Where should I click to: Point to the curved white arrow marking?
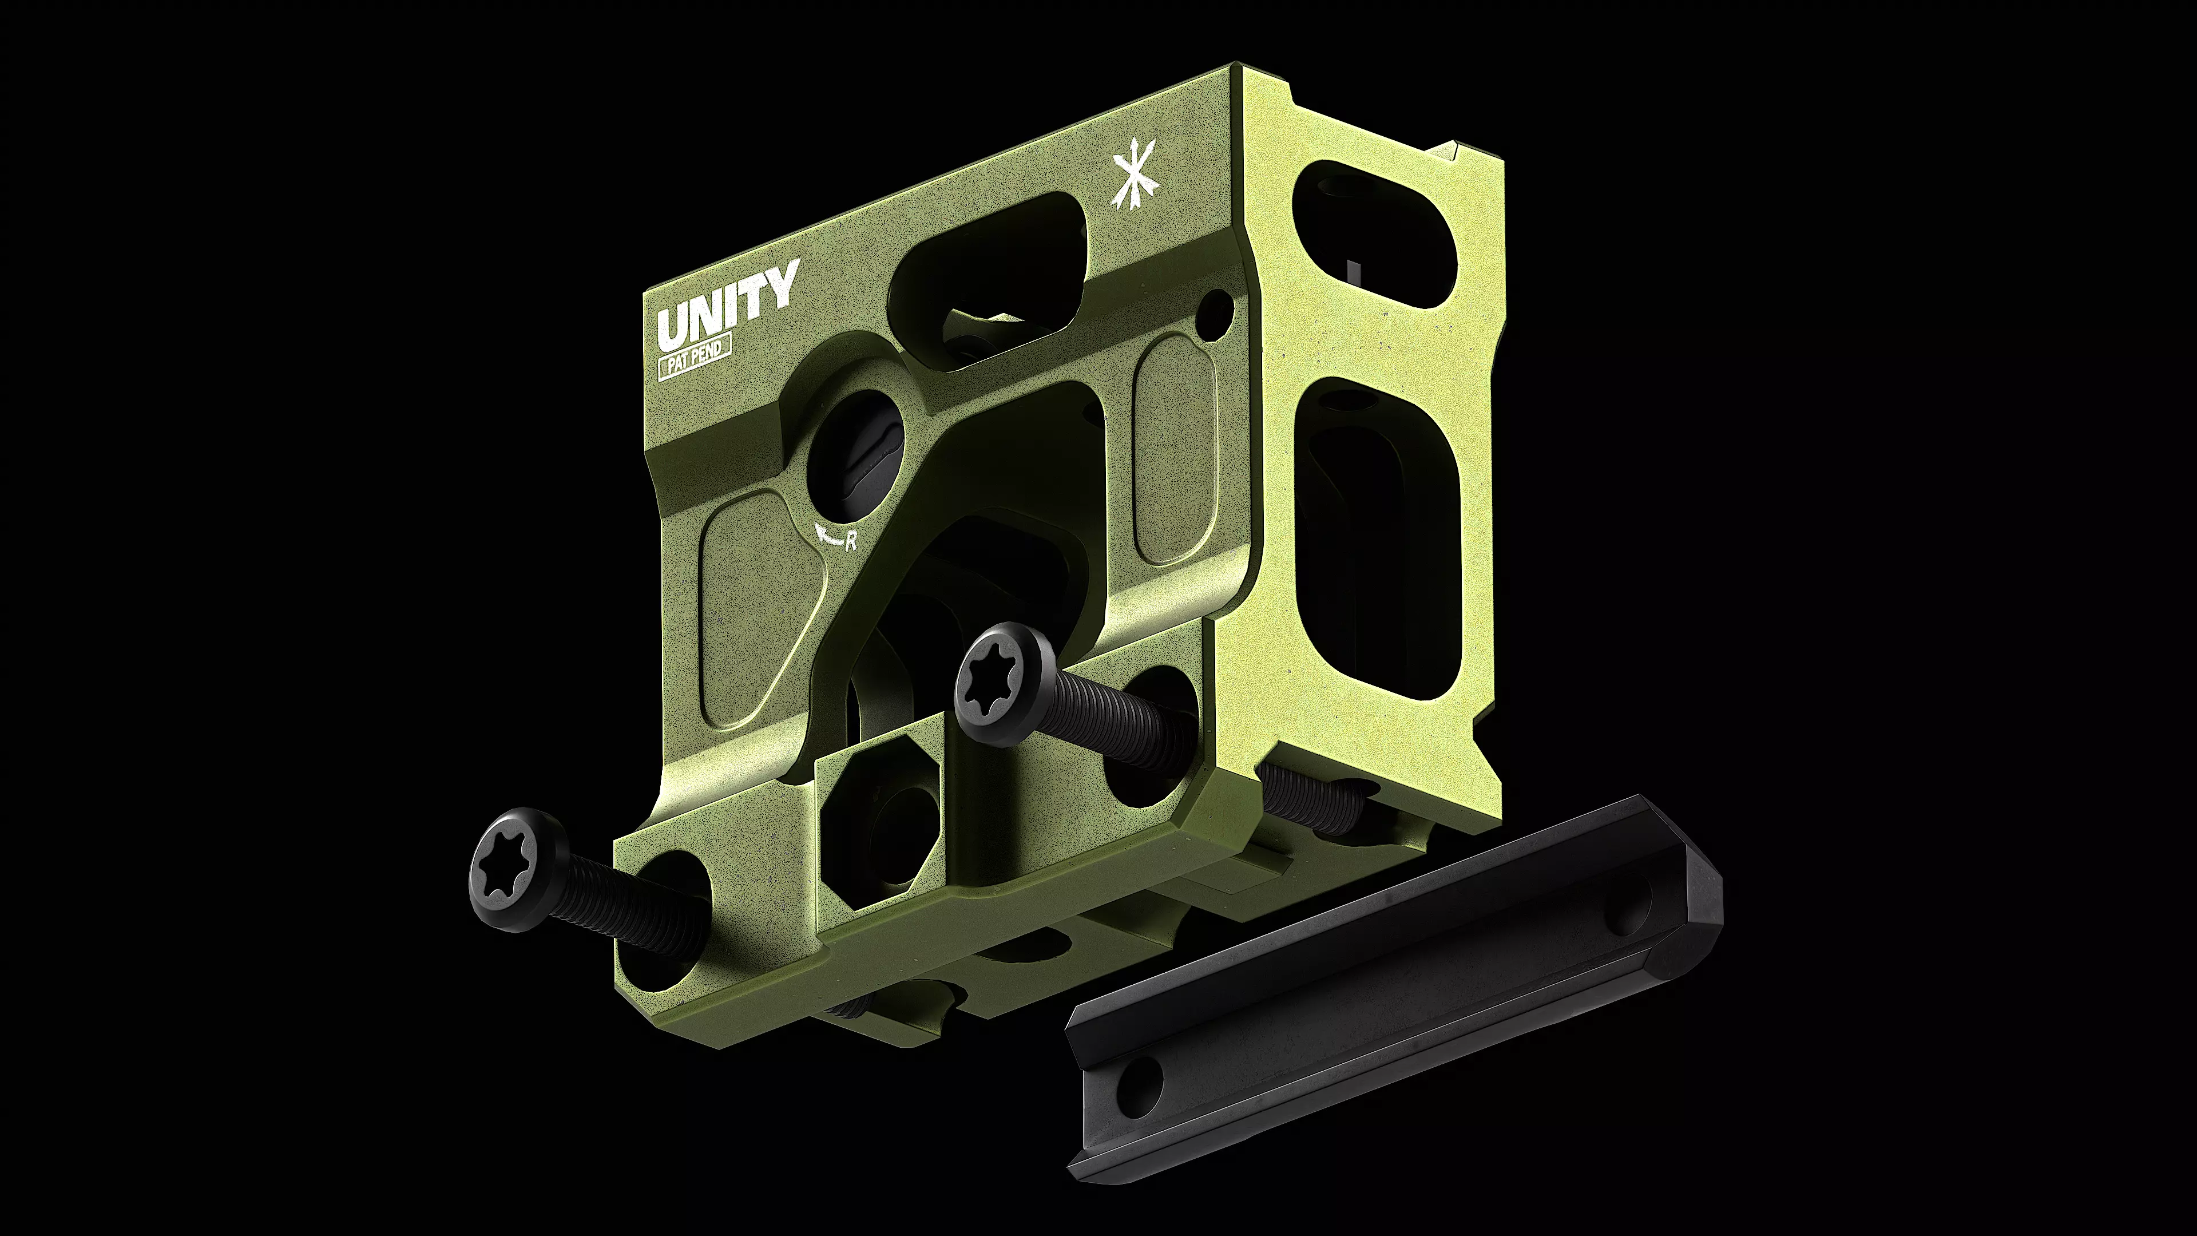point(826,534)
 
